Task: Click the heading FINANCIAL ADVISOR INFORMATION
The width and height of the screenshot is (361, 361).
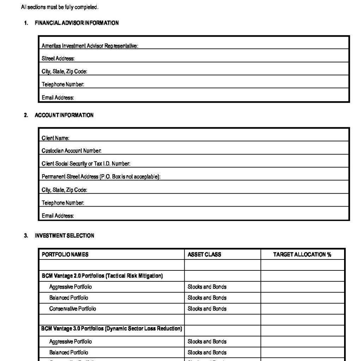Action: point(77,23)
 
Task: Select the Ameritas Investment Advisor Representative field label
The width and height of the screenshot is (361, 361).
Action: point(90,46)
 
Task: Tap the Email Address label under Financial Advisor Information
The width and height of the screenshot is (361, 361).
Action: point(58,98)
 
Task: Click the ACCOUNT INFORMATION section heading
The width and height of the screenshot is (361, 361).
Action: point(64,115)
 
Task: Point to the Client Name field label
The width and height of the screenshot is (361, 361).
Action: point(55,138)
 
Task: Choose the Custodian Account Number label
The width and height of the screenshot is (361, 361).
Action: point(72,151)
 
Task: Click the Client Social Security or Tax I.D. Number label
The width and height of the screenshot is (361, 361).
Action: point(86,164)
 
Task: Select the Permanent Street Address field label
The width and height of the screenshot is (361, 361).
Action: point(101,177)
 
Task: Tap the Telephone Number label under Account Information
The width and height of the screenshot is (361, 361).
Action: point(63,203)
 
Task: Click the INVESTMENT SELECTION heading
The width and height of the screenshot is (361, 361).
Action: point(64,235)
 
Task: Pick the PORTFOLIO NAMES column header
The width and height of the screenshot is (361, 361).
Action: point(65,255)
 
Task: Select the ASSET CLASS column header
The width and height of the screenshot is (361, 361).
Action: point(204,255)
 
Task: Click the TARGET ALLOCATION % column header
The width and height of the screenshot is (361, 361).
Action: point(302,255)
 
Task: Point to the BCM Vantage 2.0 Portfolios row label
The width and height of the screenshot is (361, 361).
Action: point(102,276)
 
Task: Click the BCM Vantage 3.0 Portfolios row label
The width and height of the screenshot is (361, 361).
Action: point(111,329)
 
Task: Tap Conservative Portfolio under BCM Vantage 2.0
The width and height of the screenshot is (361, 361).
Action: point(73,309)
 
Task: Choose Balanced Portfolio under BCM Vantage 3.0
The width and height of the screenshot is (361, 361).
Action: point(69,353)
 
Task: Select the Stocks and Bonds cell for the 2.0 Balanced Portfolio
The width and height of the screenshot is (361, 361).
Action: point(207,298)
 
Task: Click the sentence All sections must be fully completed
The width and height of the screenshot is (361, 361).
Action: point(60,7)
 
